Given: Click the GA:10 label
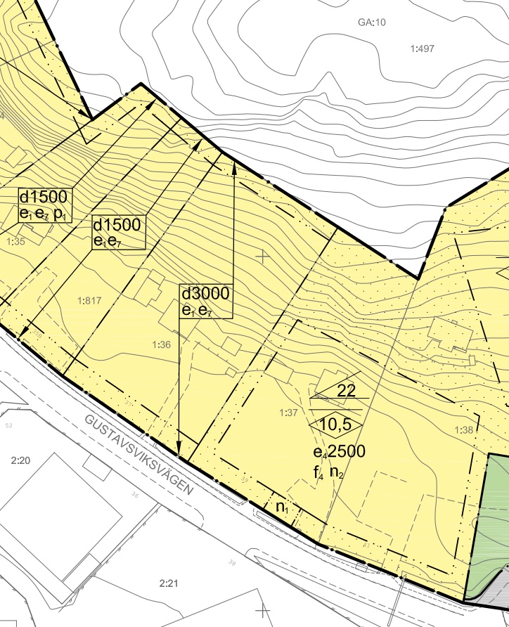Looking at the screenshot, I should click(x=372, y=22).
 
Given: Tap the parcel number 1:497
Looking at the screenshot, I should click(x=422, y=48).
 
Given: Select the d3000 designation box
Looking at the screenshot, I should click(x=206, y=301).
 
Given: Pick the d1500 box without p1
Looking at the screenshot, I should click(x=118, y=233).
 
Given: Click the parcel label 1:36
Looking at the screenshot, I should click(x=162, y=344).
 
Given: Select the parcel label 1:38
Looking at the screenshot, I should click(x=465, y=430).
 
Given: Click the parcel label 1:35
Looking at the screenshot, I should click(x=15, y=242).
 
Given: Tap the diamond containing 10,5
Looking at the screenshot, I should click(x=336, y=425).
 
